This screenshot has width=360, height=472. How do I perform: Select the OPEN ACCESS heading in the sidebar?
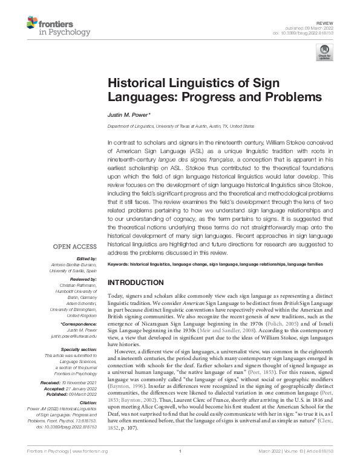74,247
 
